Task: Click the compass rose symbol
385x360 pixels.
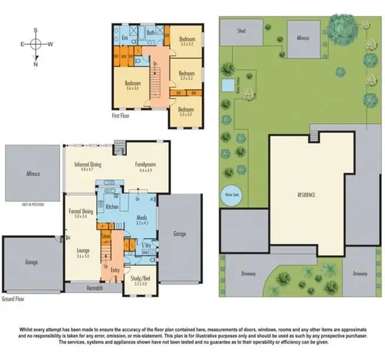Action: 36,43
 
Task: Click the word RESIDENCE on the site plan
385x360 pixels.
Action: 306,194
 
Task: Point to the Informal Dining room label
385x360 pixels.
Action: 89,165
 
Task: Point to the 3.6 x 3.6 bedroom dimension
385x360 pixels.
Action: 133,89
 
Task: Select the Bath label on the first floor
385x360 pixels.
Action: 150,33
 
